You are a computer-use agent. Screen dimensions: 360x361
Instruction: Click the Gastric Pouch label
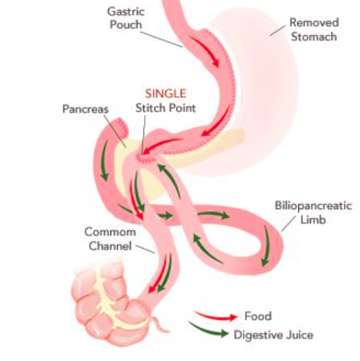126,18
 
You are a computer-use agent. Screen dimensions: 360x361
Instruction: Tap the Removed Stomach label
314,29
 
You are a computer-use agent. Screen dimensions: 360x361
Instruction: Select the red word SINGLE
166,94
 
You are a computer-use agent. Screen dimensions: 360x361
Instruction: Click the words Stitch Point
165,108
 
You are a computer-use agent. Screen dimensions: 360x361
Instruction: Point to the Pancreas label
86,109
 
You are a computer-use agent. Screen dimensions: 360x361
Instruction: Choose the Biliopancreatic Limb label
313,213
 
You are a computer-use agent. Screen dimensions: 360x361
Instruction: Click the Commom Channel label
110,239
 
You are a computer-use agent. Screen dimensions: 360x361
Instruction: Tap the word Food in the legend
258,316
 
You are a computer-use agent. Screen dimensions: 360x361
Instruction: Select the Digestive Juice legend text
274,335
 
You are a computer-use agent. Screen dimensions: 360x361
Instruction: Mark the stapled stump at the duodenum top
121,124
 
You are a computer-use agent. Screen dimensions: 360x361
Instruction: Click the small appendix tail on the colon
159,324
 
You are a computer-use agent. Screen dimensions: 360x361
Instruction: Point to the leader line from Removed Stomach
277,31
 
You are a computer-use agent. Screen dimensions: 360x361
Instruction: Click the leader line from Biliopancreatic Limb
288,224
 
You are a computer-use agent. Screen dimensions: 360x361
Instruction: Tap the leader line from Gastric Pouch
162,39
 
